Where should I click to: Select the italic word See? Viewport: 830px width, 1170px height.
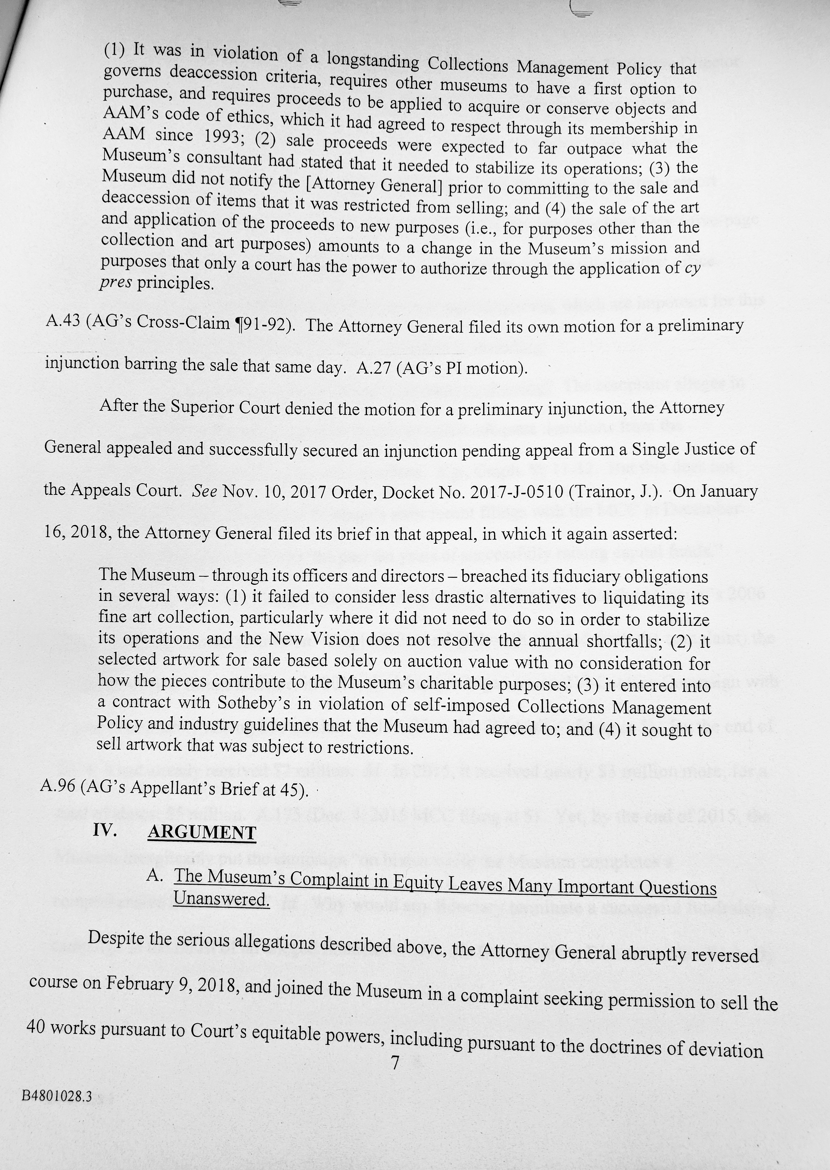coord(204,490)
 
